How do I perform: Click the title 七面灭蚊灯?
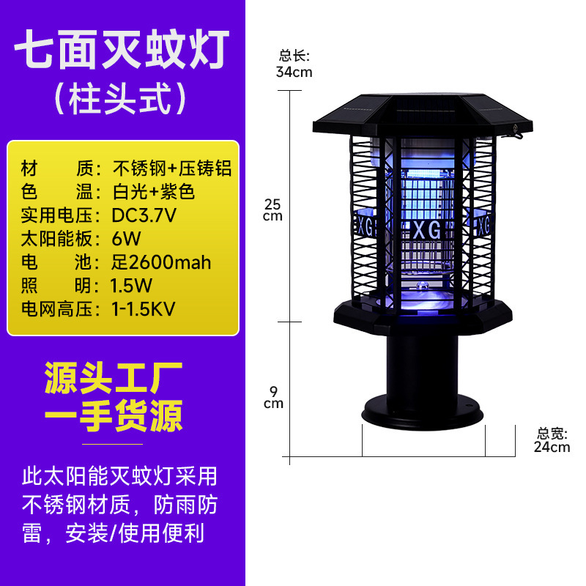122,49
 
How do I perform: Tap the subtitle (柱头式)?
120,98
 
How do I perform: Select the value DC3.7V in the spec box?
144,215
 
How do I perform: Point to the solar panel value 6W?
126,239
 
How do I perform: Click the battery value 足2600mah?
161,262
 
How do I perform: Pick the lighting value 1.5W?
131,286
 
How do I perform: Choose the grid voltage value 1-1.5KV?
144,309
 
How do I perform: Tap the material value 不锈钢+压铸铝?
172,168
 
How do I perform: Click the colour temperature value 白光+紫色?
154,192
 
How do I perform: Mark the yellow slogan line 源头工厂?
114,378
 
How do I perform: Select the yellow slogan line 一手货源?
114,415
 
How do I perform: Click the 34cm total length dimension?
294,72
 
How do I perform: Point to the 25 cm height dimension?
272,210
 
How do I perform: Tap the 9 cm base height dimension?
273,398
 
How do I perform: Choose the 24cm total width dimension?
552,447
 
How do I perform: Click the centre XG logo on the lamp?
427,230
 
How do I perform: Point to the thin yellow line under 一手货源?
113,445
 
